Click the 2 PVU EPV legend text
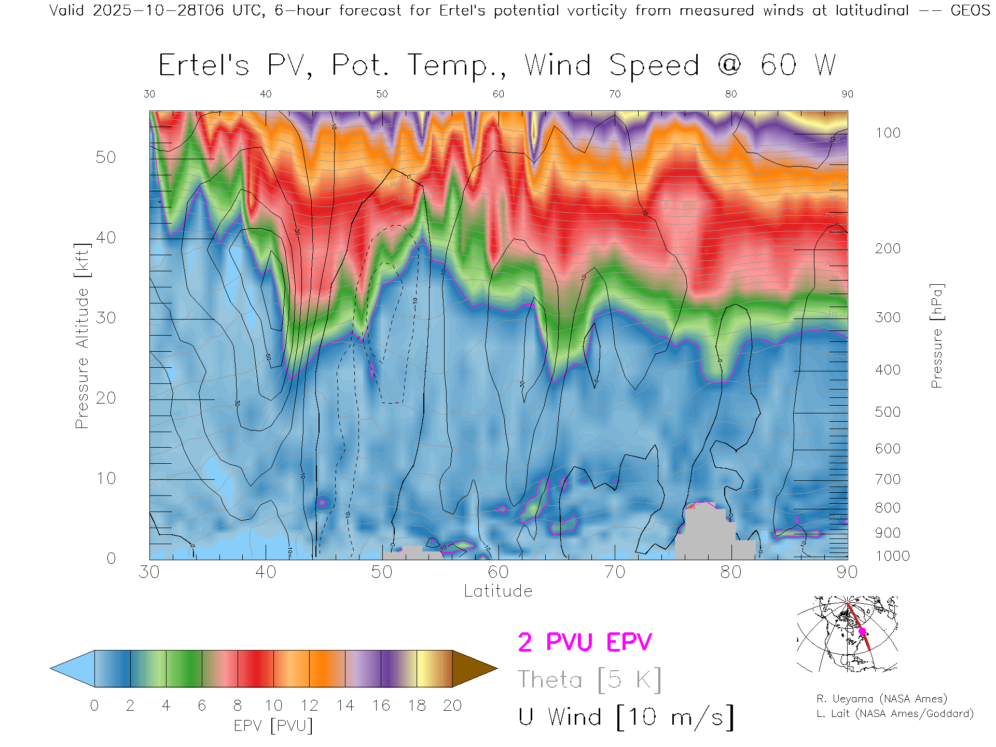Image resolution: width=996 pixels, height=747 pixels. click(x=585, y=642)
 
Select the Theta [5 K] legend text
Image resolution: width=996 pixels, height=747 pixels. click(x=589, y=680)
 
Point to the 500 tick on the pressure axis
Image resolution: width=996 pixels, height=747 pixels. click(x=888, y=412)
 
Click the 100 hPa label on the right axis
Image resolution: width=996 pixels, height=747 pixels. click(x=888, y=133)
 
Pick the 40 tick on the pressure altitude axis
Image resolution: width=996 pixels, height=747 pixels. click(x=106, y=238)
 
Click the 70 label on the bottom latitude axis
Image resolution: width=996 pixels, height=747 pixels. click(x=615, y=572)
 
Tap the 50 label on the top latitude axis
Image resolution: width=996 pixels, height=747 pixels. click(x=382, y=94)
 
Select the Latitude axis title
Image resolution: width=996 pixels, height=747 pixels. click(x=498, y=591)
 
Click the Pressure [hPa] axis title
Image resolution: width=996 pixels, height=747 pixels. click(x=936, y=336)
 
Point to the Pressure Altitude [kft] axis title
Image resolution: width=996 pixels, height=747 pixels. click(x=82, y=336)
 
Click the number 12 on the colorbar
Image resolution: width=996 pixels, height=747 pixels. click(x=309, y=706)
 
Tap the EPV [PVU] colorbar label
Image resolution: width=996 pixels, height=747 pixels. click(x=273, y=725)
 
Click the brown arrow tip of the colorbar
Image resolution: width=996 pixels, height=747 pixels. click(x=475, y=669)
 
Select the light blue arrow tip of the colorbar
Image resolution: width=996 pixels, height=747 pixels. click(x=73, y=669)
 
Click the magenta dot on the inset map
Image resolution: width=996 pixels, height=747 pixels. click(x=862, y=631)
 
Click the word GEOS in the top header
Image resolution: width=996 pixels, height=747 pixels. click(x=970, y=10)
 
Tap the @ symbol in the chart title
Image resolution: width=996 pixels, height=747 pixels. click(x=729, y=65)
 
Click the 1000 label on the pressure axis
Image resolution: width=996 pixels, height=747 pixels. click(x=892, y=556)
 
